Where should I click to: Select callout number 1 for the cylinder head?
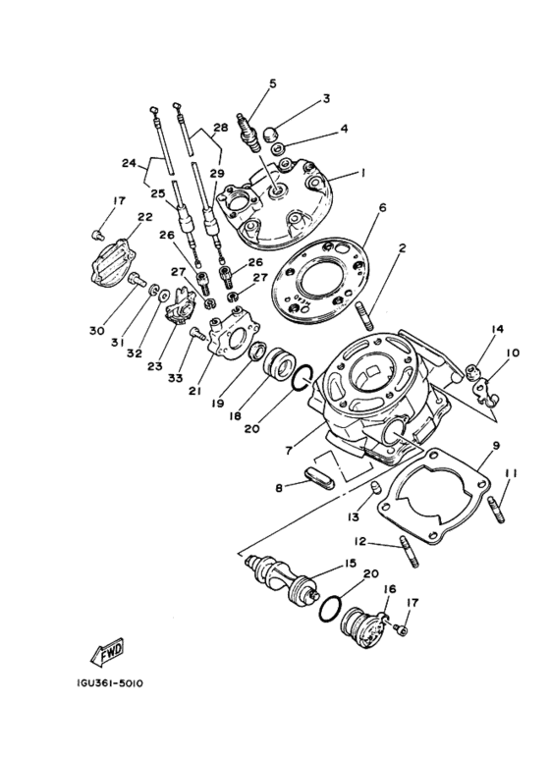coord(362,172)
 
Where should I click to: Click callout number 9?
coord(496,445)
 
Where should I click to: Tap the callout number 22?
coord(144,217)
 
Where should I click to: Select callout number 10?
coord(513,353)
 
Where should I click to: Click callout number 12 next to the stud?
coord(361,541)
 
